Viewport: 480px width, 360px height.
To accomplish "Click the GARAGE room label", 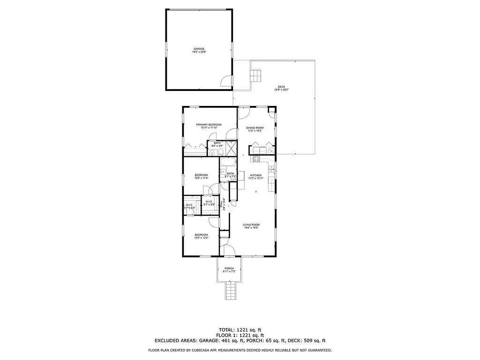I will [199, 49].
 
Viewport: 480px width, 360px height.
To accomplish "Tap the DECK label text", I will [281, 87].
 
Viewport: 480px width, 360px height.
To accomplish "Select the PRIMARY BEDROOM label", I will [209, 124].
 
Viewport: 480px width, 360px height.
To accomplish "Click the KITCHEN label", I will [256, 175].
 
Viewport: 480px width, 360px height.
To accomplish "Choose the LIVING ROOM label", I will [251, 225].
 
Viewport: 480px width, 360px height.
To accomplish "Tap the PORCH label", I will [229, 268].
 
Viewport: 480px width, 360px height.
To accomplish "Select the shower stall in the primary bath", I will [231, 148].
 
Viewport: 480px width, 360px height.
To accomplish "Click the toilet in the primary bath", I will [213, 152].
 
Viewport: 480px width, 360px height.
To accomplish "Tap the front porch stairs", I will [229, 291].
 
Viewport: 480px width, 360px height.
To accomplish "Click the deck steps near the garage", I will [256, 75].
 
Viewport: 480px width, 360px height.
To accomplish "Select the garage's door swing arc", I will [227, 81].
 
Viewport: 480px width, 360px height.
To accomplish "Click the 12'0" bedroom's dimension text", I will [202, 238].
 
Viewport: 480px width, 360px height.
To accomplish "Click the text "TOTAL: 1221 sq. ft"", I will [240, 330].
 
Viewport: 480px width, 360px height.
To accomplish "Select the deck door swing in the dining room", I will [244, 113].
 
